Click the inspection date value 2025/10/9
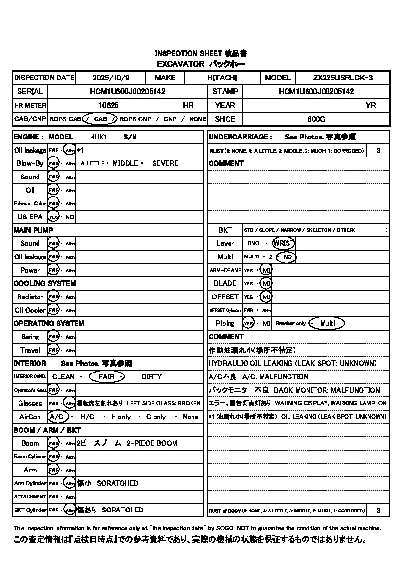pyautogui.click(x=109, y=78)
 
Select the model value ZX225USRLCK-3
pyautogui.click(x=343, y=78)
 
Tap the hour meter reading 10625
pyautogui.click(x=109, y=105)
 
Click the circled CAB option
pyautogui.click(x=100, y=119)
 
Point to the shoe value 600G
pyautogui.click(x=316, y=119)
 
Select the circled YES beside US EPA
pyautogui.click(x=53, y=217)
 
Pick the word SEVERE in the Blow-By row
pyautogui.click(x=165, y=163)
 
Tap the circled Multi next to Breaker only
pyautogui.click(x=327, y=323)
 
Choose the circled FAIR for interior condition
pyautogui.click(x=107, y=377)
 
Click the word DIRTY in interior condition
pyautogui.click(x=152, y=377)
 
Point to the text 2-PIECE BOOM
pyautogui.click(x=152, y=443)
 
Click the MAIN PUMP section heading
pyautogui.click(x=33, y=230)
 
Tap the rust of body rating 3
pyautogui.click(x=379, y=511)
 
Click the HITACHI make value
pyautogui.click(x=222, y=78)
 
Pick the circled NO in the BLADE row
pyautogui.click(x=266, y=283)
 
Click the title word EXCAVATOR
pyautogui.click(x=180, y=64)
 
